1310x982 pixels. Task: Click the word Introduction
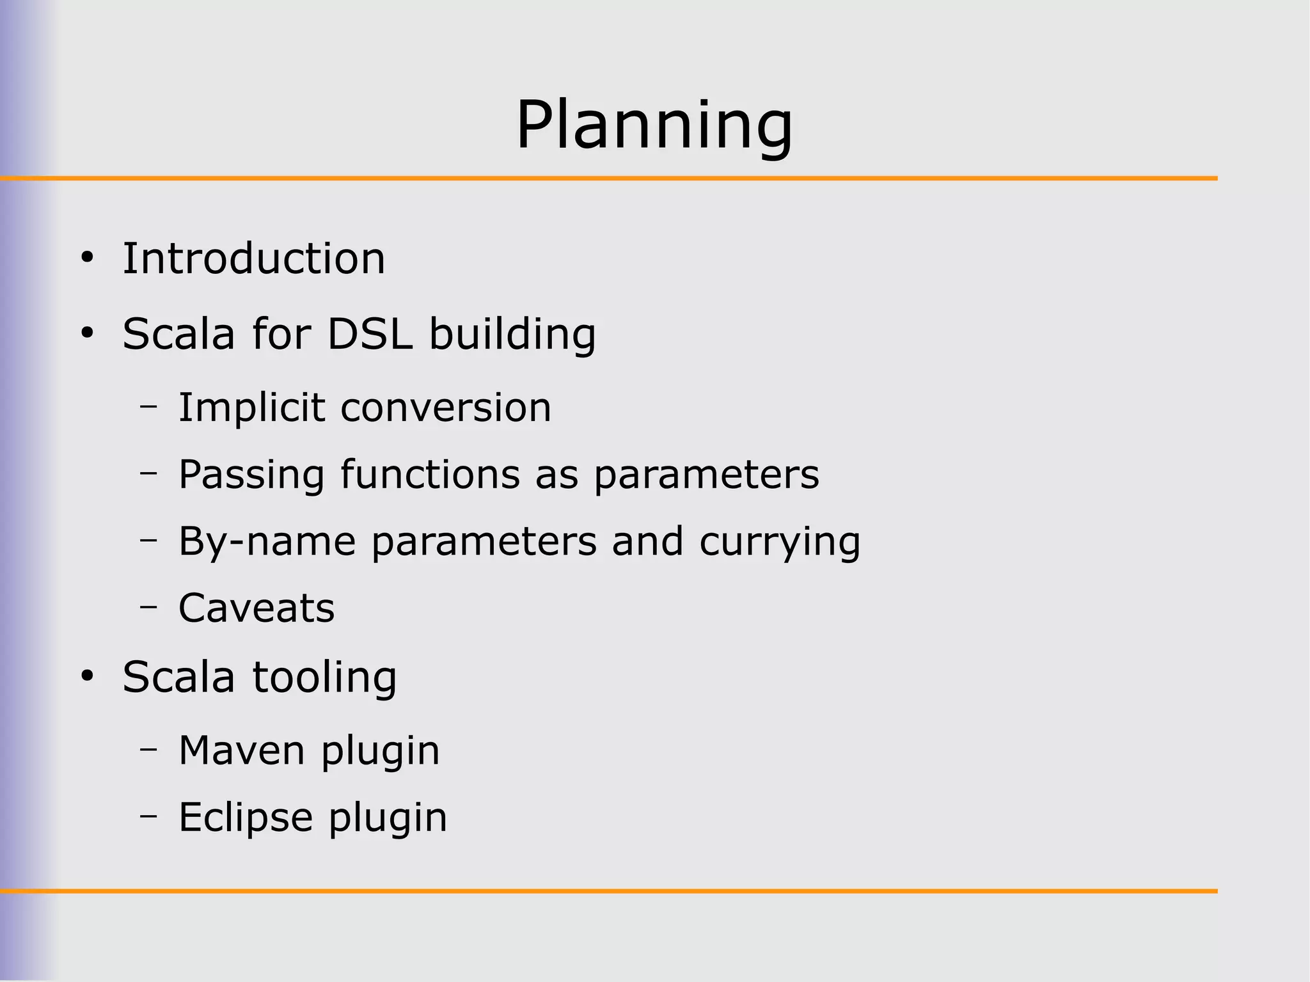(254, 258)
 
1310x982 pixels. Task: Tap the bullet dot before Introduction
(88, 258)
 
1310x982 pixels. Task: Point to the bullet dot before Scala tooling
(88, 676)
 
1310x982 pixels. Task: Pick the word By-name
(267, 541)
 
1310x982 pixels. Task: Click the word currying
(780, 541)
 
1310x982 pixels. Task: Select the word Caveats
(256, 608)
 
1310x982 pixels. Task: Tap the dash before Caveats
(148, 606)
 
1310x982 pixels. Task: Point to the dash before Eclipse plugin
(148, 816)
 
